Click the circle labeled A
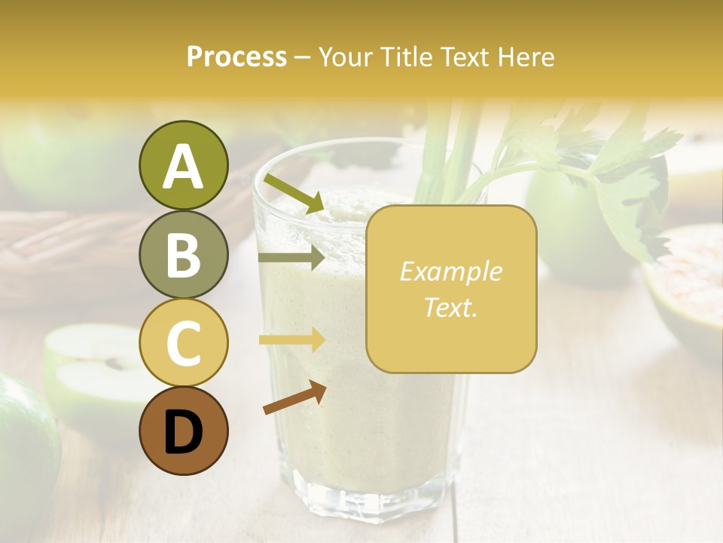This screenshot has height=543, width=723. [x=183, y=166]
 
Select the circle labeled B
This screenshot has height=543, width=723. [x=183, y=254]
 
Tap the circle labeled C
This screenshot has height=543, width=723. [x=183, y=342]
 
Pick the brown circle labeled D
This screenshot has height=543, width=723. [x=183, y=431]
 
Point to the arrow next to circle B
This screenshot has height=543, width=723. [x=291, y=258]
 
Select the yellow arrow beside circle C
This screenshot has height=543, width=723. [x=291, y=340]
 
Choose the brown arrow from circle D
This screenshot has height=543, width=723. [x=294, y=397]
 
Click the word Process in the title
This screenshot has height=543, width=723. [x=236, y=57]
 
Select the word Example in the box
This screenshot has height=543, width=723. [x=451, y=271]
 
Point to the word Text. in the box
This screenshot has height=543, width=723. [x=451, y=307]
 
